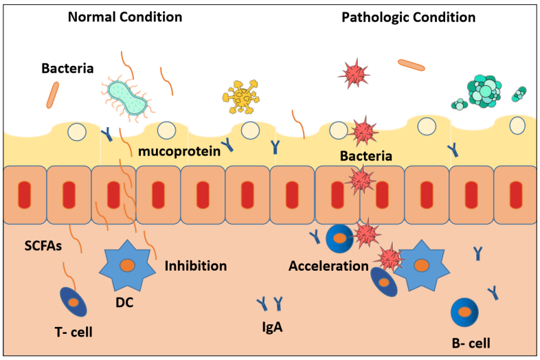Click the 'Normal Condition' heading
coord(125,16)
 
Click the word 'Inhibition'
coord(196,265)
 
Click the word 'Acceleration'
coord(329,266)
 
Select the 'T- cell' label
coord(74,333)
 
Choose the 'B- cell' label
coord(470,341)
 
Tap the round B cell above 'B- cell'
coord(466,313)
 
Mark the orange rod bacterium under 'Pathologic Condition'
coord(412,65)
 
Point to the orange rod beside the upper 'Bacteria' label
coord(53,95)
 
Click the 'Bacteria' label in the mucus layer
coord(366,156)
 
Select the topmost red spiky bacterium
coord(354,71)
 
